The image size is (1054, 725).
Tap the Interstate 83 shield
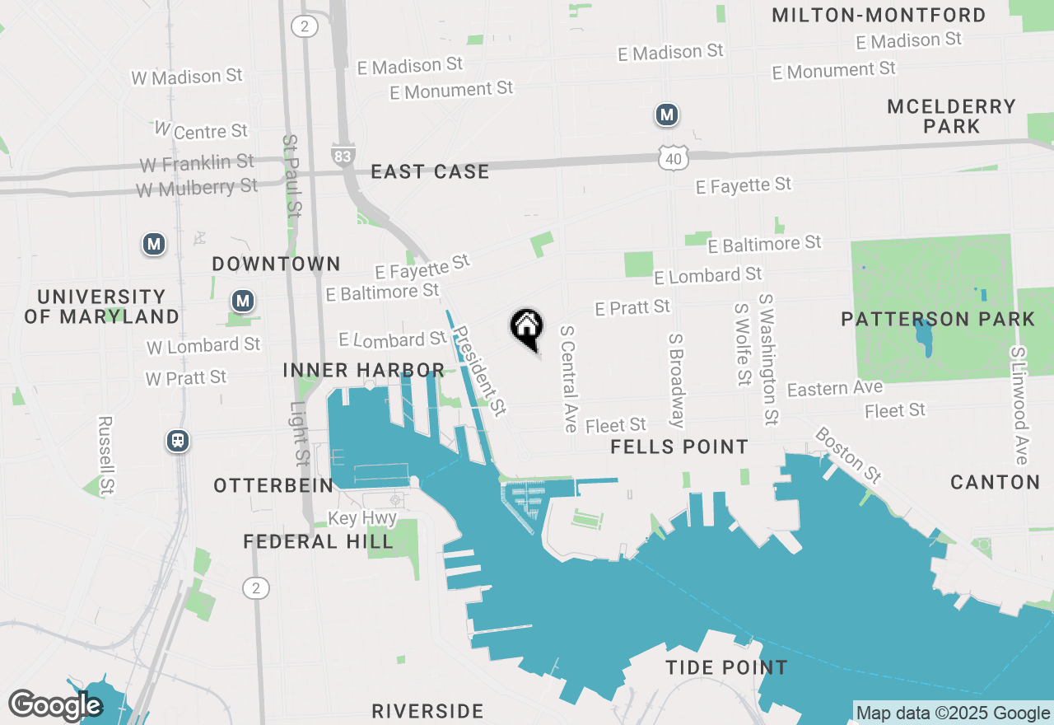pos(341,155)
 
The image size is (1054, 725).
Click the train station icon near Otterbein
pos(177,441)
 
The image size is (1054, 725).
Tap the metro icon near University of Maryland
pos(153,244)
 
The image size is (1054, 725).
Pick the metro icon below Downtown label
pos(242,301)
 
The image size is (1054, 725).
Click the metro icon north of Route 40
pos(667,115)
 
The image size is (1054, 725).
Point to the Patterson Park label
pos(938,319)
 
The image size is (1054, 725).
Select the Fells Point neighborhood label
pos(679,447)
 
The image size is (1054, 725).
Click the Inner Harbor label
pos(364,370)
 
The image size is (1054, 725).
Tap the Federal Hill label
pos(319,541)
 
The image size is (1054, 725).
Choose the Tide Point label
pos(726,667)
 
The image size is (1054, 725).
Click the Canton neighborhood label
pos(995,482)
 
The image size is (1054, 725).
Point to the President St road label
pos(479,371)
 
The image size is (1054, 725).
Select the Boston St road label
pos(848,454)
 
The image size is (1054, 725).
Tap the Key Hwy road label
pos(362,519)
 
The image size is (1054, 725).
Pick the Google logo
pos(54,705)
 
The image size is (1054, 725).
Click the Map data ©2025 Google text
pos(953,713)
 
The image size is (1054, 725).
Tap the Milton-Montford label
pos(879,15)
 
